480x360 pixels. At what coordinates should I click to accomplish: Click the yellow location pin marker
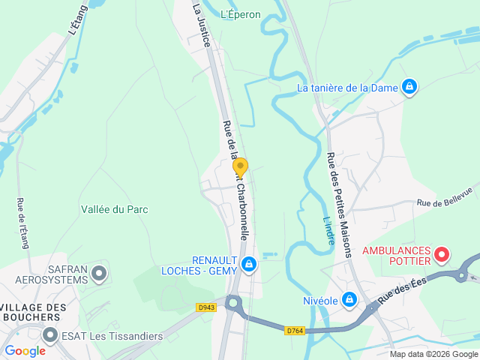(x=240, y=168)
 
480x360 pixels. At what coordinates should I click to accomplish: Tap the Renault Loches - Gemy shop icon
(x=250, y=264)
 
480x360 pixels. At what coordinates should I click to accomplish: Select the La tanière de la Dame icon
(x=409, y=88)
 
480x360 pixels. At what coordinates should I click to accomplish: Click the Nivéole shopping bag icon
(x=349, y=300)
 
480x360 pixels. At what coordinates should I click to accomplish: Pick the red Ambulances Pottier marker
(x=442, y=255)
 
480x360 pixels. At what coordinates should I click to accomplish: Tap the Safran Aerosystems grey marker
(x=99, y=274)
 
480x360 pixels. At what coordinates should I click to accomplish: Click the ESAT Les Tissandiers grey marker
(x=50, y=335)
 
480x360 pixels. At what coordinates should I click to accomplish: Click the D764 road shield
(x=295, y=331)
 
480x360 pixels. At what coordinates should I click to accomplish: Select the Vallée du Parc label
(x=114, y=210)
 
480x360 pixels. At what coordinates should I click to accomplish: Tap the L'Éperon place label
(x=241, y=14)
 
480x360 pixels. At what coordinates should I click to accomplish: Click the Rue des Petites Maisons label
(x=339, y=204)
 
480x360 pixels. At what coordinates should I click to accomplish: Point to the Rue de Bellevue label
(x=448, y=197)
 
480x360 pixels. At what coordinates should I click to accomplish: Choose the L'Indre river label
(x=328, y=229)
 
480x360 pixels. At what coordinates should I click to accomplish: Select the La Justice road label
(x=200, y=25)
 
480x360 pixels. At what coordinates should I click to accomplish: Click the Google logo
(x=25, y=350)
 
